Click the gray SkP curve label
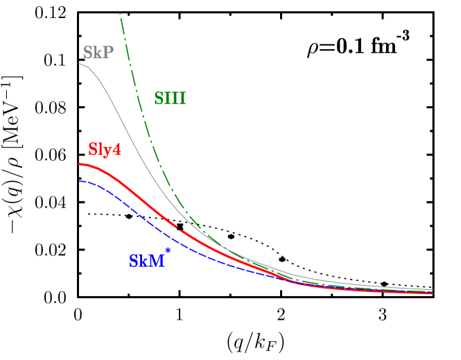tap(98, 53)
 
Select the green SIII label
tap(170, 98)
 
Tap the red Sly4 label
tap(105, 149)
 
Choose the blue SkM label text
tap(146, 262)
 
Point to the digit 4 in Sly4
tap(117, 149)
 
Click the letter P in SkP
tap(108, 53)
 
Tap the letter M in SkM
tap(157, 262)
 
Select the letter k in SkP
tap(98, 53)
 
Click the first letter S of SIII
tap(159, 98)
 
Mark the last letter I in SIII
tap(182, 98)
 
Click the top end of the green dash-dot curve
tap(120, 12)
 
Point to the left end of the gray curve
tap(79, 63)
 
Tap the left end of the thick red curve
tap(79, 164)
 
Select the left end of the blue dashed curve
tap(79, 181)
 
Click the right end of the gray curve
tap(433, 289)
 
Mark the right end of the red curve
tap(432, 293)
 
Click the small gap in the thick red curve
tap(177, 227)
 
